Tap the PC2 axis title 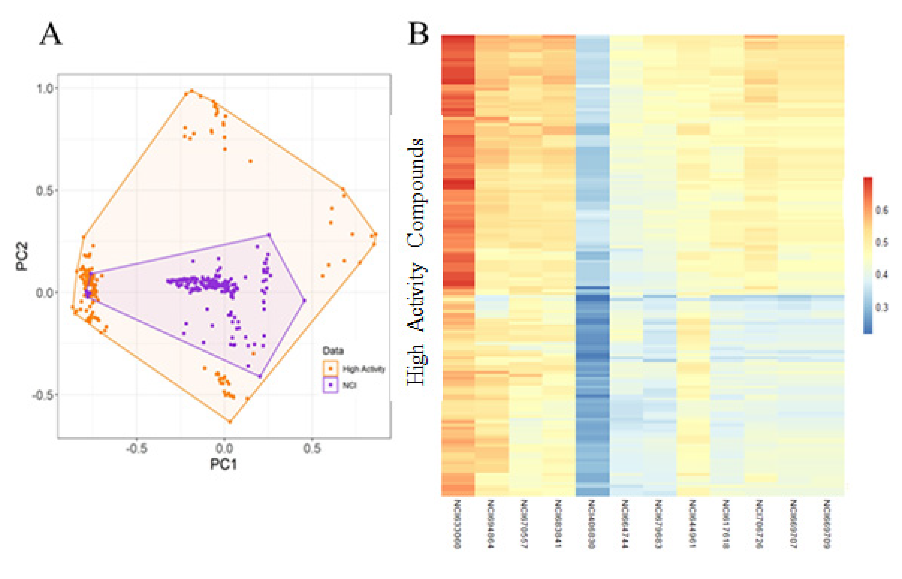22,256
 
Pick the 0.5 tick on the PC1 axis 312,448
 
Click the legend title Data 333,351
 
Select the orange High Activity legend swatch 330,369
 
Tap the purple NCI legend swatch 330,385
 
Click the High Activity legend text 364,369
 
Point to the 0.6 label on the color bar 882,210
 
